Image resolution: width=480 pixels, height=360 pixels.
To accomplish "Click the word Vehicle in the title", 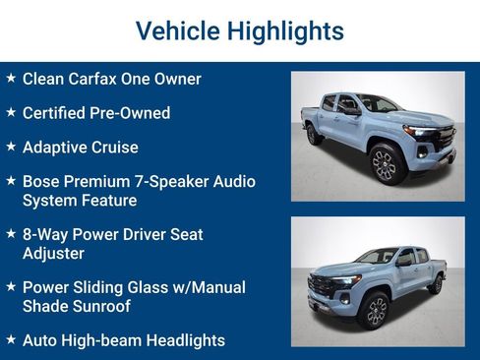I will point(177,30).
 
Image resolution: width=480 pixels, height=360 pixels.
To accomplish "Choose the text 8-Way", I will point(45,235).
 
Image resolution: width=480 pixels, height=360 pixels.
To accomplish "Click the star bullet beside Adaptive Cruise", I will point(11,147).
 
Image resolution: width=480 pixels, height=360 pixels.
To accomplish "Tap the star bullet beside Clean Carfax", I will point(11,78).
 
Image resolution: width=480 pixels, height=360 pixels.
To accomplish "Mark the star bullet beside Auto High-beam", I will point(11,339).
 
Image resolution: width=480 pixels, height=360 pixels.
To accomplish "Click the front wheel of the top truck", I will point(384,164).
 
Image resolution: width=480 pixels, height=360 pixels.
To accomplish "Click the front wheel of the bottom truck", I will point(374,311).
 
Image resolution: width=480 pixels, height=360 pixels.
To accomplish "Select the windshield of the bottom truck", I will point(378,257).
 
